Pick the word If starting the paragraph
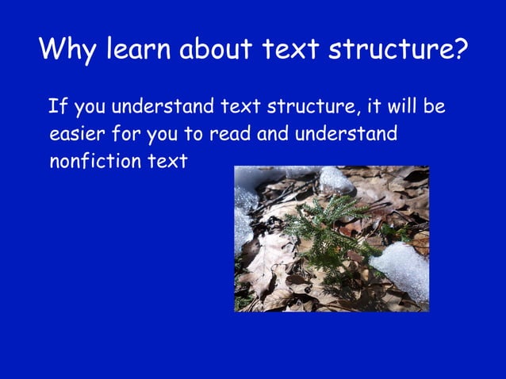point(58,106)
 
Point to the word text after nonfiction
point(169,161)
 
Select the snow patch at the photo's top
point(333,178)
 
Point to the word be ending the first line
point(435,106)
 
